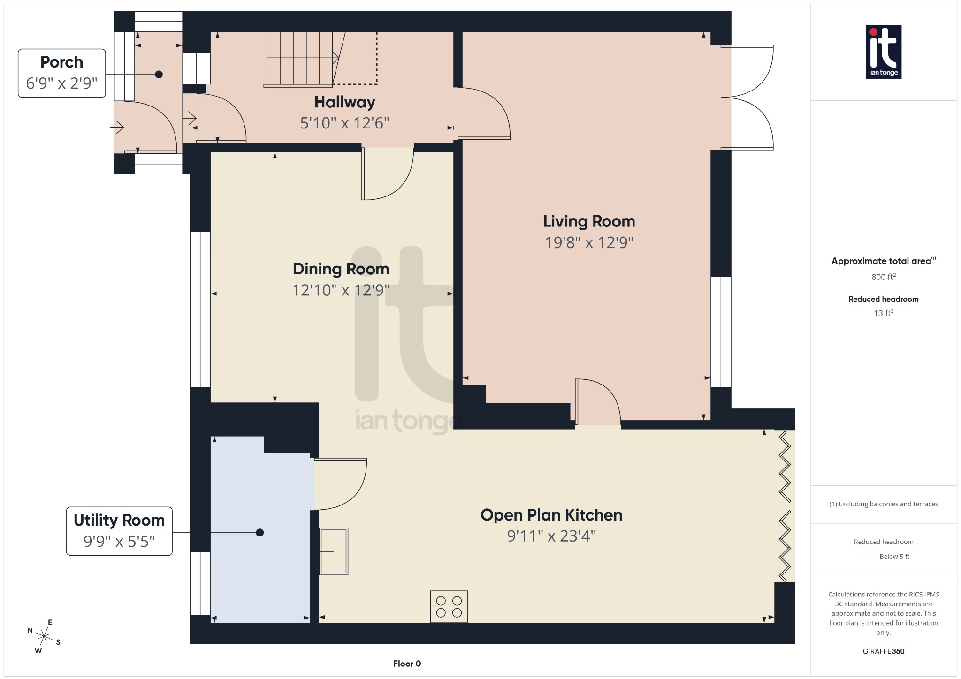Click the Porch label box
point(61,73)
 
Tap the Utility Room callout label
point(119,531)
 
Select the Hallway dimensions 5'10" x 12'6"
point(344,123)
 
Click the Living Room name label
point(589,221)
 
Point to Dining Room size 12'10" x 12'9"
point(341,290)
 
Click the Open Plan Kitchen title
point(551,515)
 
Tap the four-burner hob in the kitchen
point(449,606)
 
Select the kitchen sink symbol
point(334,551)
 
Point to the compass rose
point(44,636)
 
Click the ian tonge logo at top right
point(883,52)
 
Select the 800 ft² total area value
point(883,277)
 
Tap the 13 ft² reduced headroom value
point(883,313)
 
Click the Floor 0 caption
point(407,664)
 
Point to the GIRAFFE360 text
point(883,651)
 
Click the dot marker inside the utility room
point(260,532)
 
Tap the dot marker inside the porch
point(159,74)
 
